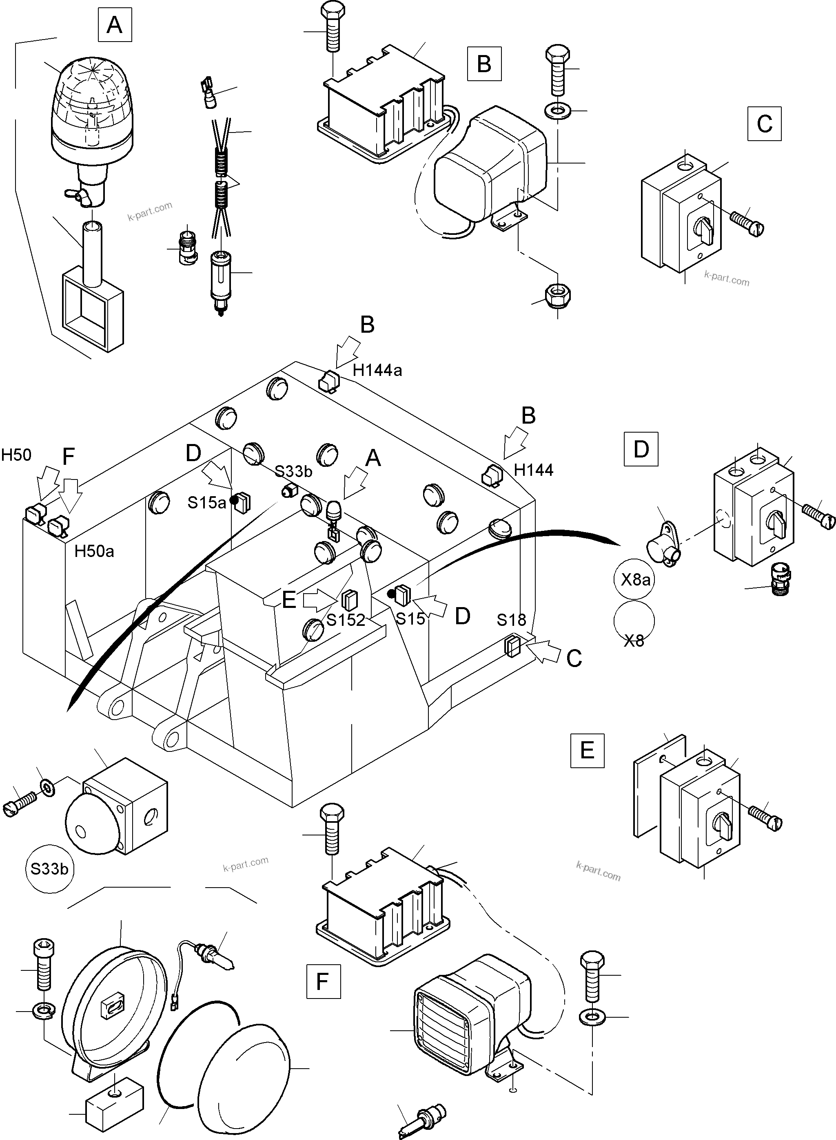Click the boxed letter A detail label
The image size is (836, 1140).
(115, 24)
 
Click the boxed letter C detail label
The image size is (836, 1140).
(764, 124)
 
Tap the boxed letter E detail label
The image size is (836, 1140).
(587, 751)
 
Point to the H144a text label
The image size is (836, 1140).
(377, 371)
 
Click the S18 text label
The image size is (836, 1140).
(511, 620)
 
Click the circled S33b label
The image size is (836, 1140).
(49, 868)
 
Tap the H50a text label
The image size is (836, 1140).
(94, 551)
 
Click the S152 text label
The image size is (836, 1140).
(346, 620)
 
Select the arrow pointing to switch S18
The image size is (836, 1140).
(544, 650)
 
